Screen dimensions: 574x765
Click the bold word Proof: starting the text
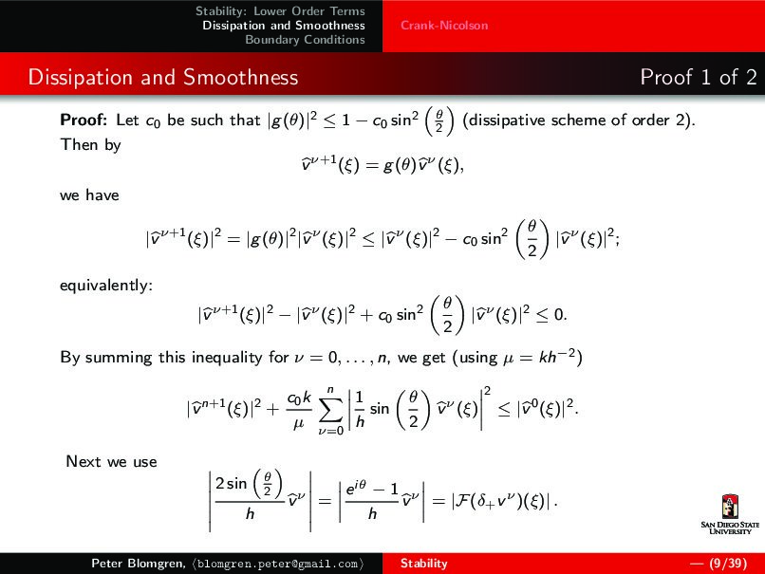[84, 121]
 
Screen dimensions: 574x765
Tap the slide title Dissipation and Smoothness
[162, 77]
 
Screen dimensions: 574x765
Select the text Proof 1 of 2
[698, 77]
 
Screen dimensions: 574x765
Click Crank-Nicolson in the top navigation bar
[444, 26]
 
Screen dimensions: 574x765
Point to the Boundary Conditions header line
[305, 40]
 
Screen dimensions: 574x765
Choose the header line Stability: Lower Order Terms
[280, 11]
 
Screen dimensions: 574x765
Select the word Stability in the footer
[423, 564]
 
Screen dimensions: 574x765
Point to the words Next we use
[111, 462]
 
